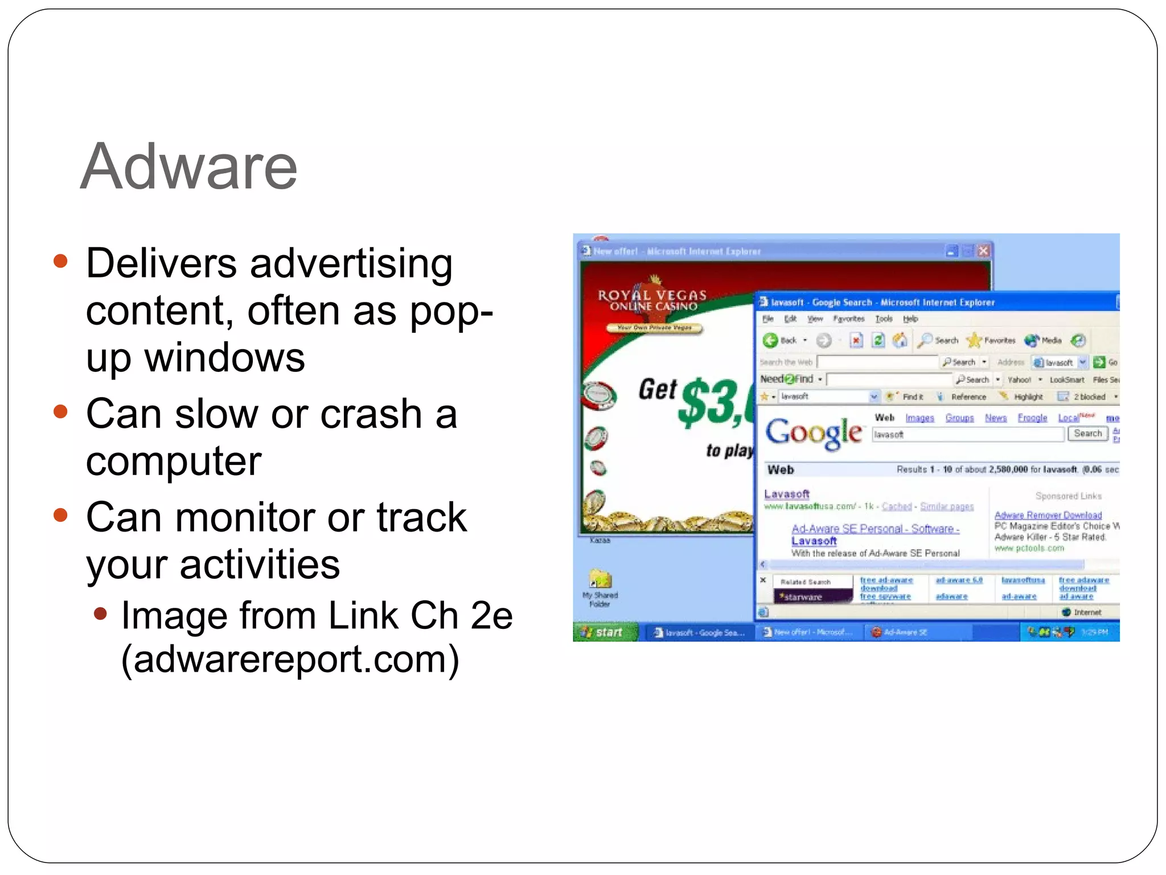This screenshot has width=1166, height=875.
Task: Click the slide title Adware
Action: [x=188, y=167]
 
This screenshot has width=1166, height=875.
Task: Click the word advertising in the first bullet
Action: [x=351, y=264]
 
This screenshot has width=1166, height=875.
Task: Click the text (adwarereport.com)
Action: [x=290, y=659]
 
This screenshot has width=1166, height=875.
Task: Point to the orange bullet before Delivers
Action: [x=60, y=261]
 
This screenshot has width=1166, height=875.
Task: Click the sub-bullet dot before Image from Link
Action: [x=100, y=614]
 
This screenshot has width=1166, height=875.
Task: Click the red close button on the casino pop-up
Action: [x=983, y=251]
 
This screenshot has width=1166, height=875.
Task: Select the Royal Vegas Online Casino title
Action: [x=652, y=300]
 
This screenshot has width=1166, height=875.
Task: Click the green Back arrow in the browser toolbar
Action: [x=770, y=340]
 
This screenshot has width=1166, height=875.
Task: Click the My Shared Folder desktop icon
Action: [x=600, y=580]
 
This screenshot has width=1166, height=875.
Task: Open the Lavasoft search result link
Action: [x=786, y=494]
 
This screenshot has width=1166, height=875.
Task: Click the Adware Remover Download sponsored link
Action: [x=1048, y=515]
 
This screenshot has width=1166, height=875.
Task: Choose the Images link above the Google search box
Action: [x=919, y=418]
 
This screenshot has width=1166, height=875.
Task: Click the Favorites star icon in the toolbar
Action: [x=974, y=340]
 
